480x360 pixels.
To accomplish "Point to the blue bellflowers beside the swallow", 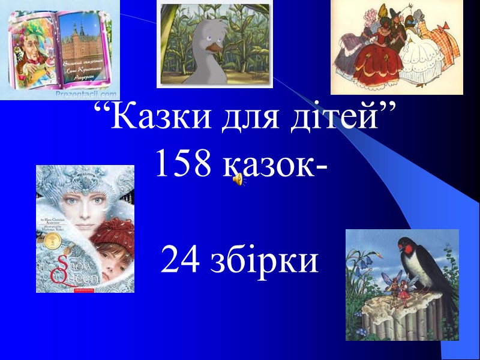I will pyautogui.click(x=360, y=255).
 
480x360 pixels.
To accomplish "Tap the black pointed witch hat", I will pyautogui.click(x=392, y=11).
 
